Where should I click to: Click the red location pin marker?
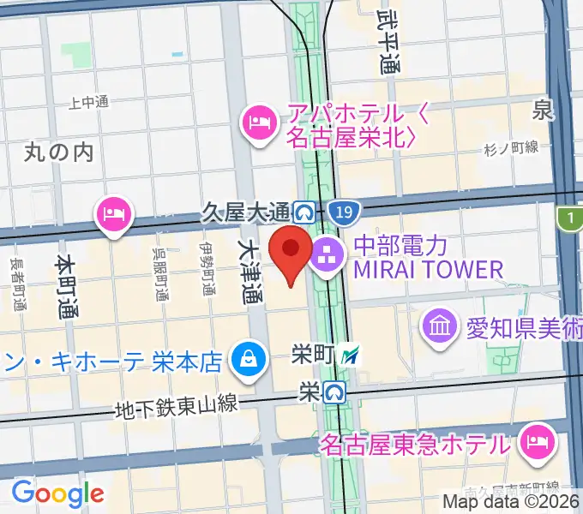[x=291, y=251]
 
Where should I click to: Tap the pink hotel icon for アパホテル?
[x=257, y=123]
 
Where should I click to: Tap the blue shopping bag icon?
[x=249, y=358]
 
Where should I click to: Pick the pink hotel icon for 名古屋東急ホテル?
[x=538, y=444]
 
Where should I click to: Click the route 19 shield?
[x=344, y=211]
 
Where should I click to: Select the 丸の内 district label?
[x=58, y=152]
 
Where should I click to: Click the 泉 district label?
[x=543, y=110]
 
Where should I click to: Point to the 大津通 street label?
[x=250, y=272]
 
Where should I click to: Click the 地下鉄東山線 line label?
[x=177, y=408]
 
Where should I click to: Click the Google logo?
[x=57, y=493]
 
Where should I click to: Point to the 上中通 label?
[x=89, y=102]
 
